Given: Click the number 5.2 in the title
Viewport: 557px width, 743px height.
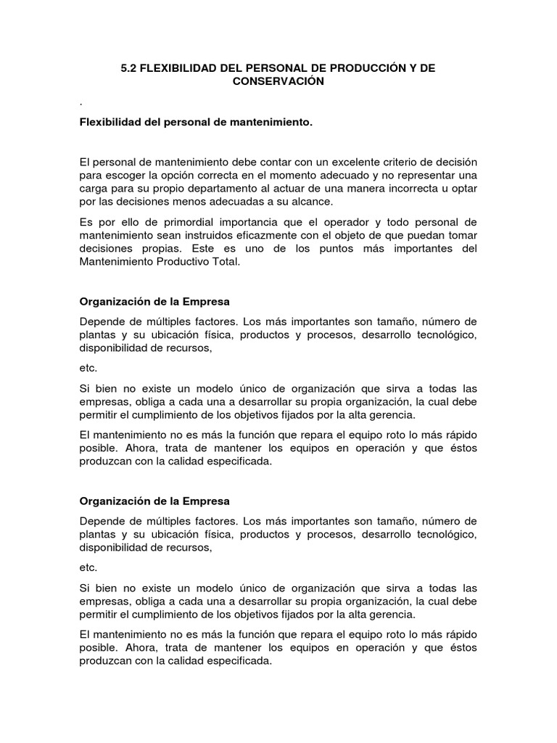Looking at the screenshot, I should pyautogui.click(x=128, y=68).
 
